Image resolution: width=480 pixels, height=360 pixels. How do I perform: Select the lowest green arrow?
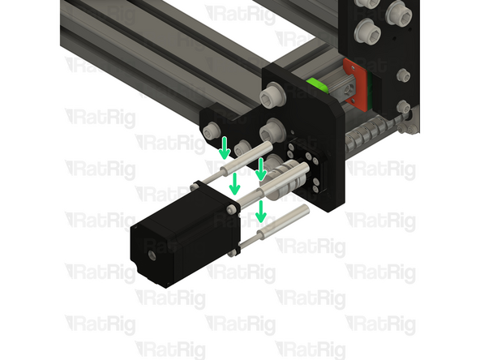tap(261, 212)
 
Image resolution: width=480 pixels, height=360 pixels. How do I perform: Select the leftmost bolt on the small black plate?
tap(212, 131)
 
